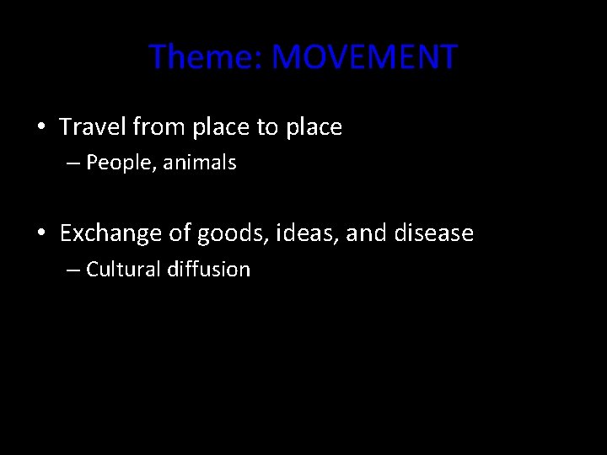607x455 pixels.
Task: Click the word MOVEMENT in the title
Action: (x=366, y=57)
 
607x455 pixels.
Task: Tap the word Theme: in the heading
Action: (x=207, y=57)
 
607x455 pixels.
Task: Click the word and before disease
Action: (x=364, y=233)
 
